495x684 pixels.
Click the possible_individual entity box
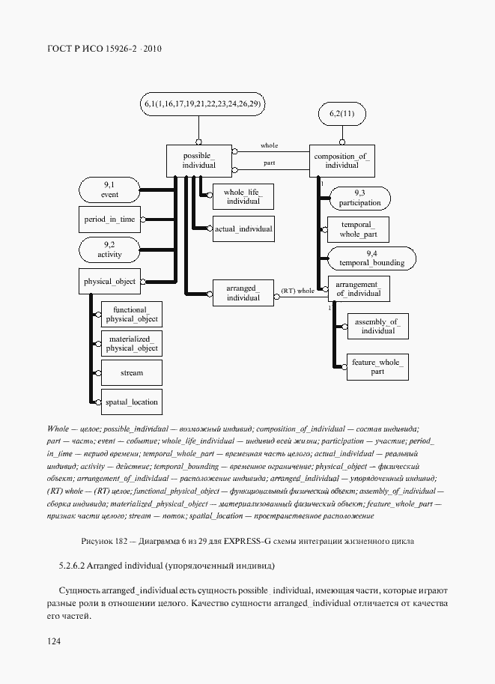[x=199, y=160]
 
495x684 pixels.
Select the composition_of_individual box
[x=341, y=160]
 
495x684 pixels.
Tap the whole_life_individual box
[x=243, y=196]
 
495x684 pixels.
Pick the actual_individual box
[x=243, y=228]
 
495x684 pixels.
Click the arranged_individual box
[x=243, y=293]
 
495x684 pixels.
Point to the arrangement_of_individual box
[x=359, y=288]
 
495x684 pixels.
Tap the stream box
[x=131, y=372]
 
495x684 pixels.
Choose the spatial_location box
[x=131, y=402]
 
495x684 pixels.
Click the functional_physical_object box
[x=131, y=314]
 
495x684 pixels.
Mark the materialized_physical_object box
[x=131, y=343]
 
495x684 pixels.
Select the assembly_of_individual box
[x=377, y=326]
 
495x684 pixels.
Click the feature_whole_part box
[x=377, y=366]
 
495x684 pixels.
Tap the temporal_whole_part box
[x=359, y=229]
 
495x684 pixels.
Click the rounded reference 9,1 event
[x=109, y=190]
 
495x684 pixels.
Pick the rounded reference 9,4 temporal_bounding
[x=371, y=258]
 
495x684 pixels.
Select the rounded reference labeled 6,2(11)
[x=341, y=114]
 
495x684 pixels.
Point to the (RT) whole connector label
[x=297, y=290]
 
